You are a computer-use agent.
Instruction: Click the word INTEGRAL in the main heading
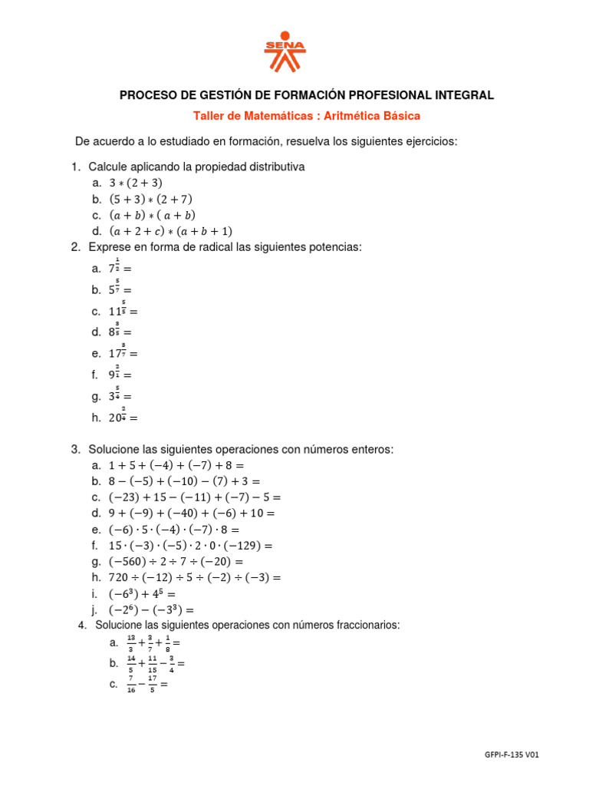coord(462,95)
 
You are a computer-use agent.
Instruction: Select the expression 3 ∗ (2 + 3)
coord(136,183)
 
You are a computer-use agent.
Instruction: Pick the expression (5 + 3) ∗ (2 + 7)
coord(151,200)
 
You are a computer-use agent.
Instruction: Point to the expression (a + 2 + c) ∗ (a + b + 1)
coord(170,231)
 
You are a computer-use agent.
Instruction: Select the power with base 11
coord(119,311)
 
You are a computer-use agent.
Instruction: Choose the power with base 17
coord(119,354)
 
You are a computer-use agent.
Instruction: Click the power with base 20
coord(119,418)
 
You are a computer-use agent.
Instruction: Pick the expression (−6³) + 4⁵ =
coord(143,594)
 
